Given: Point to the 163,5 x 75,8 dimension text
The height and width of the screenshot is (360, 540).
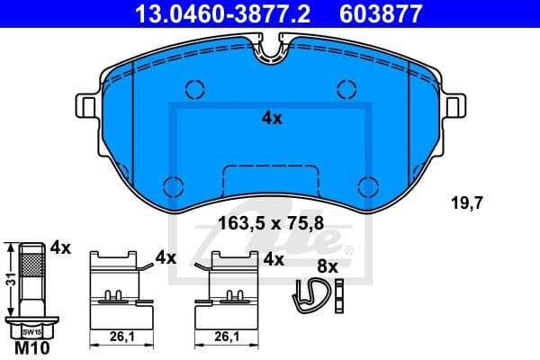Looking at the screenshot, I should (271, 227).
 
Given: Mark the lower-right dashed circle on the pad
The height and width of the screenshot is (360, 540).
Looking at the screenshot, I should (367, 185).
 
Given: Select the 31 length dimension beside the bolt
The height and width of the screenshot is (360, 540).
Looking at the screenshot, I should (8, 280).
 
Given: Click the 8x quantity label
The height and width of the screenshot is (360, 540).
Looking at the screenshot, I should (327, 266).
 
